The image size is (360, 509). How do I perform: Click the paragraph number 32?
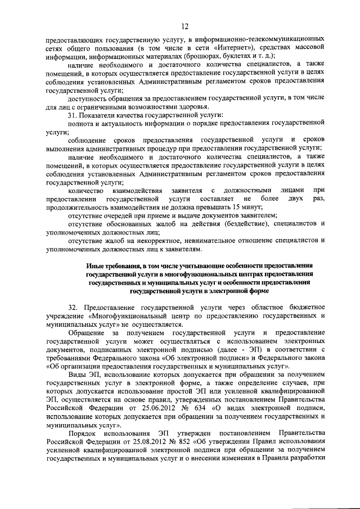73,308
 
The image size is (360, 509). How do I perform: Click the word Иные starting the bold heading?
95,265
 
